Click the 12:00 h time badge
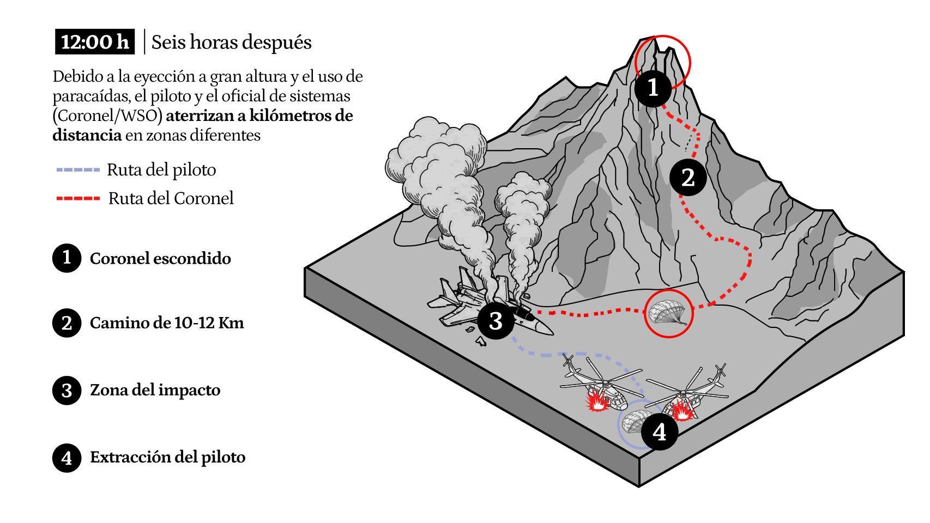[95, 42]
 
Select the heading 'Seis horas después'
[231, 42]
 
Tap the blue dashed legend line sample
[78, 170]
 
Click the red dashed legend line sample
[78, 198]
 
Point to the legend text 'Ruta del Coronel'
[171, 198]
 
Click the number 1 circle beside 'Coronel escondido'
[67, 258]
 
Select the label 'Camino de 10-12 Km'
[167, 323]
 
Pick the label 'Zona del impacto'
[155, 390]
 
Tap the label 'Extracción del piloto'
[167, 457]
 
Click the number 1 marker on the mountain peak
[653, 87]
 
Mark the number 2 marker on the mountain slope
[688, 178]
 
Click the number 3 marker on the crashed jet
[496, 321]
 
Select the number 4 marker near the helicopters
[660, 432]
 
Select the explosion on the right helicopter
[681, 410]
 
